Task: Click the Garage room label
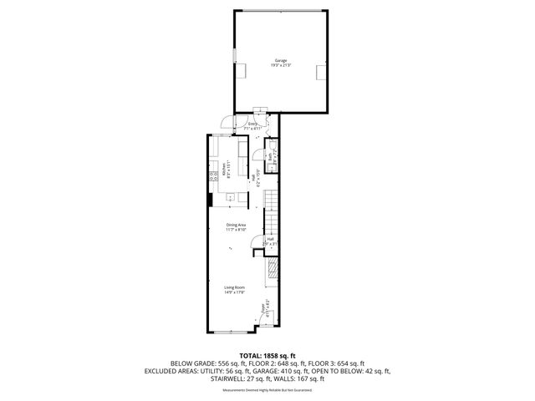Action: (x=280, y=61)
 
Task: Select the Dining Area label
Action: (x=236, y=225)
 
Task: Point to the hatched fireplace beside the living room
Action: (x=273, y=269)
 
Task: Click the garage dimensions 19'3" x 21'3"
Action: (x=280, y=67)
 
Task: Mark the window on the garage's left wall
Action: (x=233, y=56)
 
